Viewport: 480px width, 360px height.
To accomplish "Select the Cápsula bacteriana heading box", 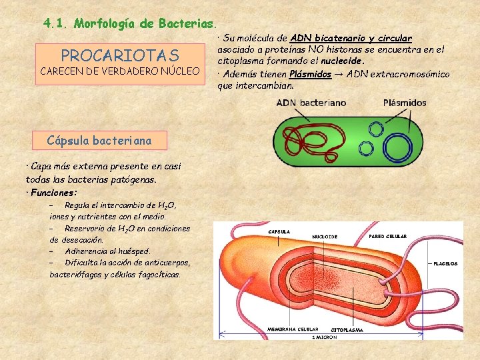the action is tap(99, 140).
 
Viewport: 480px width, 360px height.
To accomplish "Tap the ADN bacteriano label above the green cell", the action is tap(311, 103).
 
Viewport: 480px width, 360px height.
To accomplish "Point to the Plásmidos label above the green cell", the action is tap(405, 103).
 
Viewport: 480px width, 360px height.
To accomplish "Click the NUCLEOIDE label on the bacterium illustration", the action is tap(325, 236).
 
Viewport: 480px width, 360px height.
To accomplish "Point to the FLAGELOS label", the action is tap(445, 263).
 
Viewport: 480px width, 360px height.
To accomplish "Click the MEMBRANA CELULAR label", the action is tap(292, 329).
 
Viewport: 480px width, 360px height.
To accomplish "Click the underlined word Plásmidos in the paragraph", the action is tap(311, 74).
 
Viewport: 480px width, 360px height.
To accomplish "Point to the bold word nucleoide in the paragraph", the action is tap(343, 61).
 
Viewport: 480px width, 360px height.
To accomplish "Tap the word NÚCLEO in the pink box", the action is tap(179, 71).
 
